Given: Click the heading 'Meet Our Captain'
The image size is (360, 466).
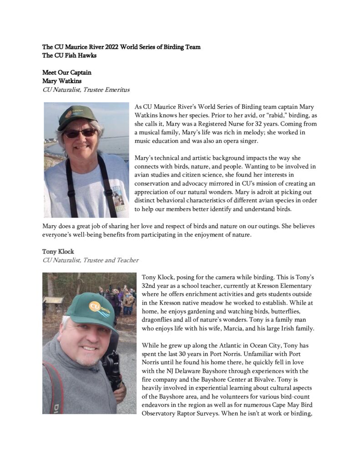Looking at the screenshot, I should pos(67,72).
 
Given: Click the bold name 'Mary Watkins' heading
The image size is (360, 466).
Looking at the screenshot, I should pos(62,81).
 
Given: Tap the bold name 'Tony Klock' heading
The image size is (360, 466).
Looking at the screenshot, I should pos(58,252).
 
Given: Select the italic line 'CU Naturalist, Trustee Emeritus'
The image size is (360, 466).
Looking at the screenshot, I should pos(86,90).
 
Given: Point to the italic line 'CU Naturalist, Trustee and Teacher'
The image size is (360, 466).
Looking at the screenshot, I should pos(91,260).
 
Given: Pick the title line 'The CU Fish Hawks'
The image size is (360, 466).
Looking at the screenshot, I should pos(69,56).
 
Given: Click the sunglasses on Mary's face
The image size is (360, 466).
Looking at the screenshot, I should pos(80,133).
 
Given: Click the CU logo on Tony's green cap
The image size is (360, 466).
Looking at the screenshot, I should pos(96,306).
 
